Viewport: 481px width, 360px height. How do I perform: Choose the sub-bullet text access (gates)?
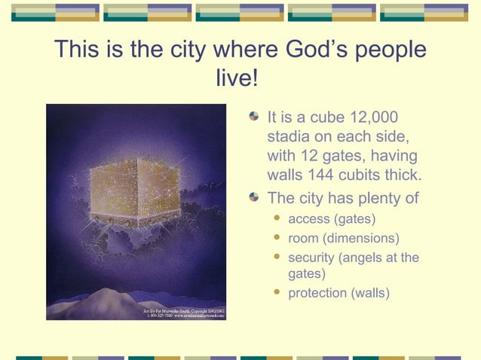pos(332,219)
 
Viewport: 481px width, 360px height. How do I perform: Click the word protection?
pos(317,293)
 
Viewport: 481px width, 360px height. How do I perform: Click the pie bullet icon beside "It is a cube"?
pos(255,118)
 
